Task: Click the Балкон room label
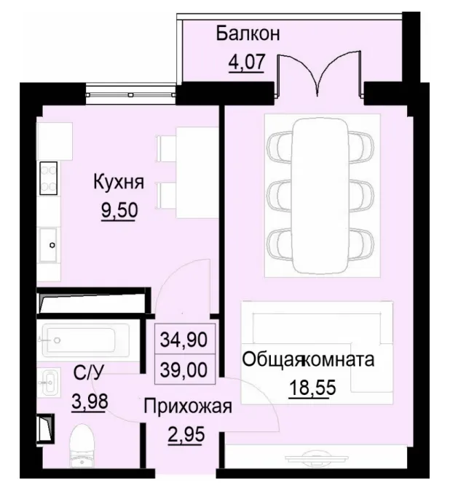tap(248, 33)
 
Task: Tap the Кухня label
tap(118, 183)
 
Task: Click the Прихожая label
tap(187, 407)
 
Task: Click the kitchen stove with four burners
tap(49, 177)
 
